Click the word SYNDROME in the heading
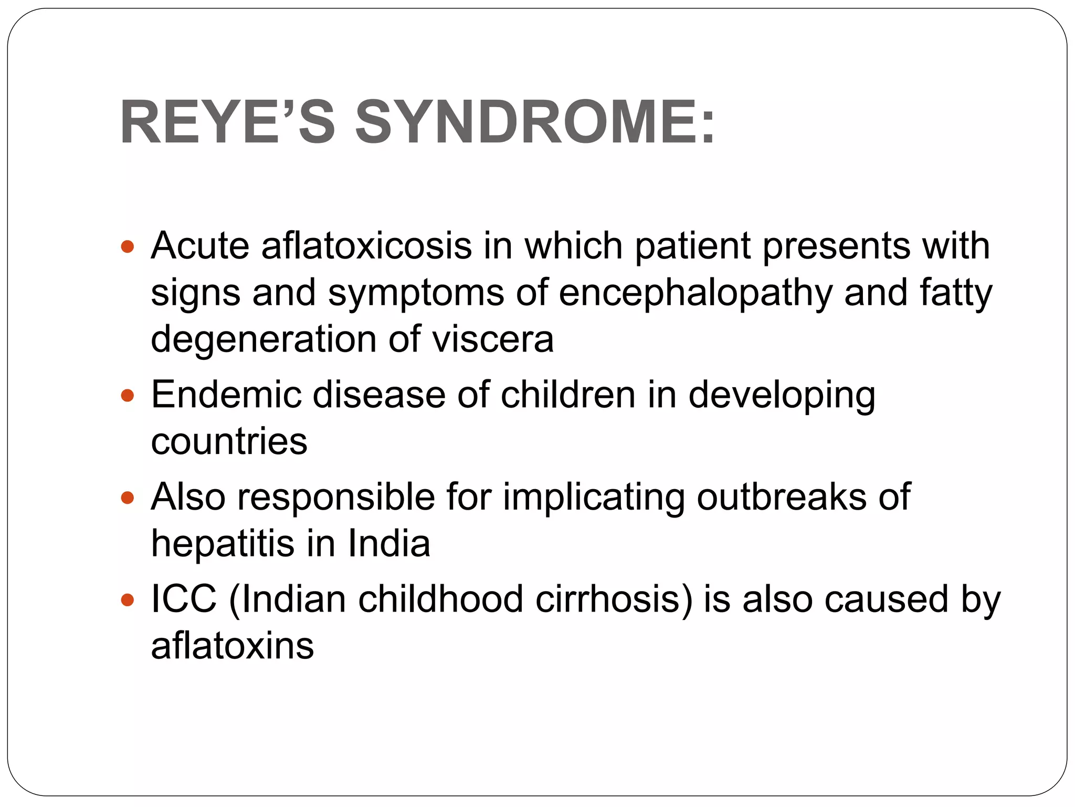534,123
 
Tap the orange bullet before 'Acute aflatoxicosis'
128,246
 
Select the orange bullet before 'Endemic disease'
128,395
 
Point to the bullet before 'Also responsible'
128,497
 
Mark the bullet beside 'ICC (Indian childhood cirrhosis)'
128,599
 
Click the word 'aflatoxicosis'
366,246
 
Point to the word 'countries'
229,441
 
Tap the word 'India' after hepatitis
389,543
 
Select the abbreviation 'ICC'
184,599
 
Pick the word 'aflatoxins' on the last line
232,646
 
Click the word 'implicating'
594,498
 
